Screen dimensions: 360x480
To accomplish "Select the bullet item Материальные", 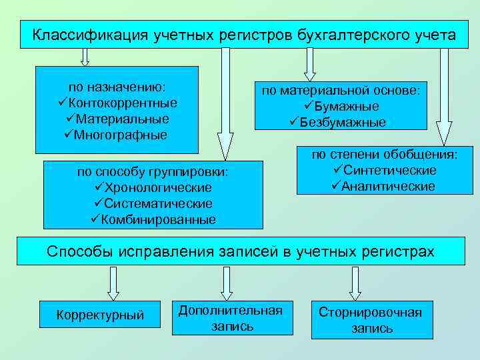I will click(122, 119).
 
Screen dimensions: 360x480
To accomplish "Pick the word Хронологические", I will click(158, 188).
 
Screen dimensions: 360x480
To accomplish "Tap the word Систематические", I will click(158, 203).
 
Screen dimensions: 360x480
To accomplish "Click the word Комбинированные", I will click(158, 219).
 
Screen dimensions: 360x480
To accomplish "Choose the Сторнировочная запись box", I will click(371, 319).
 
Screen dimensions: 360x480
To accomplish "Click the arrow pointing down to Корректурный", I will click(113, 283).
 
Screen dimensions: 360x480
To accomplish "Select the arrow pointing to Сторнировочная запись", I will click(355, 283).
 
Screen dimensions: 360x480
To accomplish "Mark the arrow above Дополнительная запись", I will click(227, 283).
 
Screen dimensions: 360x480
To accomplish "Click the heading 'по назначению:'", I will click(117, 87).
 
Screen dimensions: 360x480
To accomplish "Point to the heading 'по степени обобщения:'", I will click(385, 155).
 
